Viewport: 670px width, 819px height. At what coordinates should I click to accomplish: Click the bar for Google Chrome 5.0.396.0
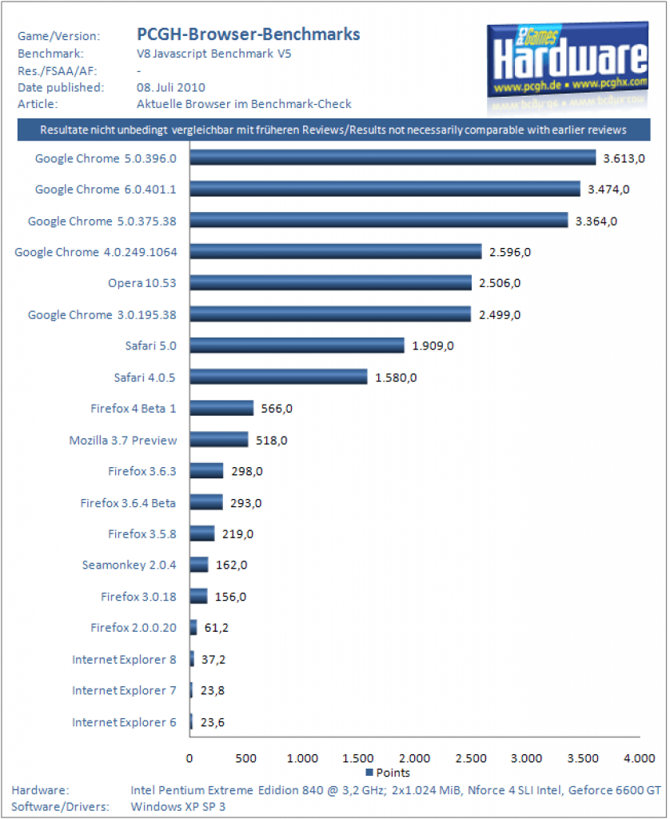coord(393,158)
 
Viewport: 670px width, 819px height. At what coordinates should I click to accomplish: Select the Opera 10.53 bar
coord(330,283)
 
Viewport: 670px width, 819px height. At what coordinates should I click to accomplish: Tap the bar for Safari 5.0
coord(297,346)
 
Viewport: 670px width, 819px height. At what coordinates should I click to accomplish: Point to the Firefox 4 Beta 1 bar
coord(221,408)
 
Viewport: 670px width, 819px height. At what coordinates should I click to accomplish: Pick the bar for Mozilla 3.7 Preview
coord(219,439)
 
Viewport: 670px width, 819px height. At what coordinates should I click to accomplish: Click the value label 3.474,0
coord(608,190)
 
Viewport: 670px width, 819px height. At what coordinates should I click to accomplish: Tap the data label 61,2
coord(217,628)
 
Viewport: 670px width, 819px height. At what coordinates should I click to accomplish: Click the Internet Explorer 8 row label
coord(124,659)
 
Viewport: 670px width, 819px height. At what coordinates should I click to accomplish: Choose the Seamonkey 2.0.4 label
coord(129,565)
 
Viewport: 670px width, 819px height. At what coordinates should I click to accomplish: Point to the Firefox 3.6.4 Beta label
coord(128,502)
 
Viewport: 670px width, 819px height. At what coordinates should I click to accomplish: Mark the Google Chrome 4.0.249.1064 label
coord(96,252)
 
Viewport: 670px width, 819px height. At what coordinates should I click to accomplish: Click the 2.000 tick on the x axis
coord(414,757)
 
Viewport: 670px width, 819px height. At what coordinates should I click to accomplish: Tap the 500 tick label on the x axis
coord(246,757)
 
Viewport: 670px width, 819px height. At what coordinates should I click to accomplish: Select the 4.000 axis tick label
coord(639,757)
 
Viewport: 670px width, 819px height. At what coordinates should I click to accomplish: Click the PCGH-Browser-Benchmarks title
coord(248,34)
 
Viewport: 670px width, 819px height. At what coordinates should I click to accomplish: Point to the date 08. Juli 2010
coord(171,87)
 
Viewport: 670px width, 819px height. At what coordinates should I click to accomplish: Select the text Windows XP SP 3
coord(177,806)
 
